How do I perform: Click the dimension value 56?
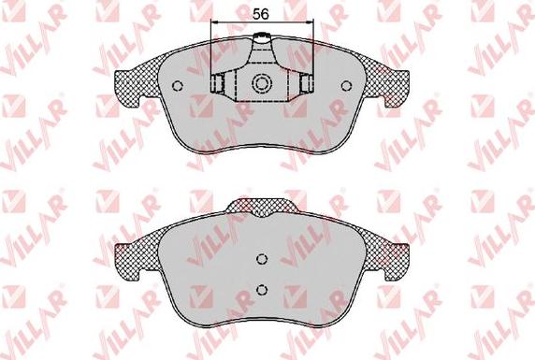(x=261, y=14)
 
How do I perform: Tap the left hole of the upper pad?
(x=178, y=85)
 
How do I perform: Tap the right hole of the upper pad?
(x=346, y=85)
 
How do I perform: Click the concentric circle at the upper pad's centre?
(x=262, y=83)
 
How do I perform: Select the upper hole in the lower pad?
(x=262, y=259)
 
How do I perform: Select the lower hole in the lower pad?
(x=262, y=289)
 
